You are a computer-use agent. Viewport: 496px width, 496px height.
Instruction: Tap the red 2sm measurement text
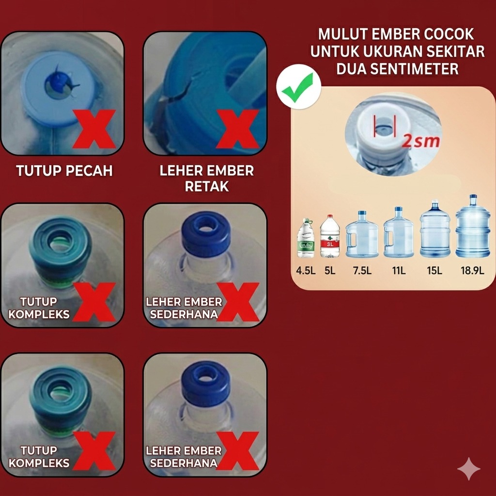pos(421,141)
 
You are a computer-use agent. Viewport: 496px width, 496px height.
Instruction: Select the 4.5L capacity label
pos(306,270)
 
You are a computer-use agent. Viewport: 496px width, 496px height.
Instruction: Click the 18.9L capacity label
pos(472,270)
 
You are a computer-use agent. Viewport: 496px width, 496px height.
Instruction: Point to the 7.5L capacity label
pos(362,270)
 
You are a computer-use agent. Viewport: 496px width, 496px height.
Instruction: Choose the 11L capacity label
pos(399,270)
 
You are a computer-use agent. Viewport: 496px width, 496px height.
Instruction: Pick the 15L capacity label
pos(434,270)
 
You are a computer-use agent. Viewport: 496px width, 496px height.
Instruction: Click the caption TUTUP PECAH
pos(64,171)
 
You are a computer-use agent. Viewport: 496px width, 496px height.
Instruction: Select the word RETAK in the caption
pos(207,187)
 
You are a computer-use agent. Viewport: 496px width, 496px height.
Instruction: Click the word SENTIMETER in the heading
pos(397,69)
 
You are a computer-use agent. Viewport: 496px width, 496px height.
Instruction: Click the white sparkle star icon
pos(469,469)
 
